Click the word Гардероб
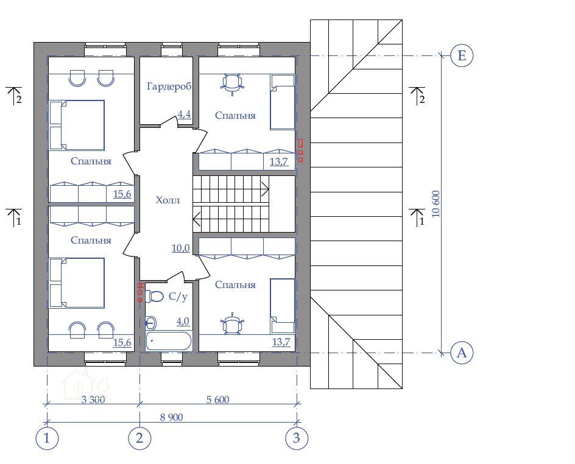pyautogui.click(x=169, y=87)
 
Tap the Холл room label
pyautogui.click(x=168, y=200)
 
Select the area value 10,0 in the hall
pyautogui.click(x=181, y=248)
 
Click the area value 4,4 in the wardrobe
pyautogui.click(x=185, y=114)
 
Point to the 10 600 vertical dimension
pyautogui.click(x=436, y=204)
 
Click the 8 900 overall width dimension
pyautogui.click(x=171, y=417)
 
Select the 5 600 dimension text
pyautogui.click(x=218, y=399)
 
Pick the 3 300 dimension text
pyautogui.click(x=93, y=399)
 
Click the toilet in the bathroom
pyautogui.click(x=154, y=296)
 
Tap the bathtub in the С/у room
pyautogui.click(x=169, y=341)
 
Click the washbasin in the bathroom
pyautogui.click(x=150, y=323)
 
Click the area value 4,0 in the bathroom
pyautogui.click(x=183, y=322)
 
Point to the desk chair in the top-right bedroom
pyautogui.click(x=232, y=83)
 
